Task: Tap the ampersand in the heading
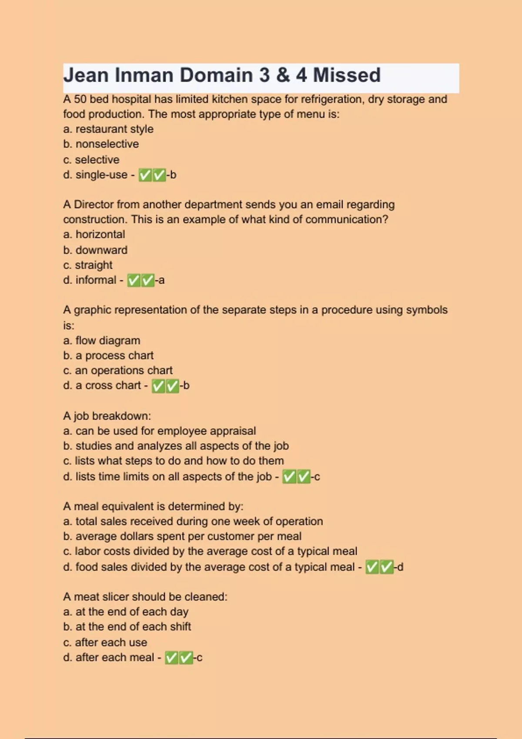tap(283, 75)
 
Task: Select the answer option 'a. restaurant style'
tap(108, 129)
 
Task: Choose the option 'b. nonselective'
tap(101, 144)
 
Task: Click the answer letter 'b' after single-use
tap(173, 175)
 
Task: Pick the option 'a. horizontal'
tap(94, 234)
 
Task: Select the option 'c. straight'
tap(87, 265)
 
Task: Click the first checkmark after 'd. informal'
tap(134, 280)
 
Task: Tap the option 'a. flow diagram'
tap(101, 340)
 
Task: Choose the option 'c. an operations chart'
tap(117, 370)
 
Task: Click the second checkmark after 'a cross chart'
tap(172, 386)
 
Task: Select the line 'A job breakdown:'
tap(107, 416)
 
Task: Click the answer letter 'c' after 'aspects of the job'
tap(317, 477)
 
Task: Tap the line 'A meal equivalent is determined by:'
tap(153, 506)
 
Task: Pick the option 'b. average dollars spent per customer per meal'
tap(182, 536)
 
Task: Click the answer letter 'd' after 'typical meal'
tap(400, 567)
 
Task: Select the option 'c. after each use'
tap(105, 642)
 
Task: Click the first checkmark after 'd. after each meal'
tap(171, 658)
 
